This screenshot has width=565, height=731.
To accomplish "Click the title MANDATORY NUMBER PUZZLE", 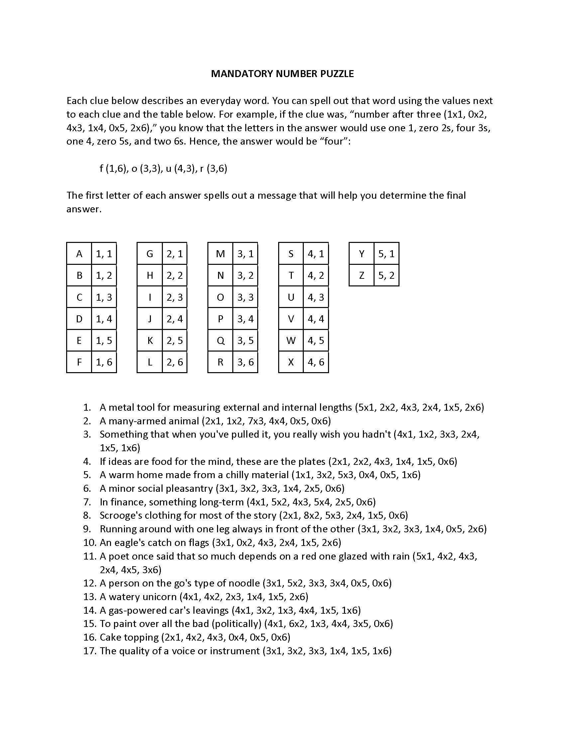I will (282, 74).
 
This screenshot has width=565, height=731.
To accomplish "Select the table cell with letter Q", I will (220, 340).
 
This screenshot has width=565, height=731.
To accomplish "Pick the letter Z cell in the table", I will (362, 275).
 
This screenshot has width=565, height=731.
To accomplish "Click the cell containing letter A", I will (79, 254).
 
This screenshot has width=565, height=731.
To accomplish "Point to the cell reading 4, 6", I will (316, 362).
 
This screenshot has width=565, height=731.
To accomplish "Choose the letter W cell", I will (291, 340).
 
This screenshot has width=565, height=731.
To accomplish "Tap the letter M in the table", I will (220, 254).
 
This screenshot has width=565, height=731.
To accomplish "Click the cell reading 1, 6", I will (104, 362).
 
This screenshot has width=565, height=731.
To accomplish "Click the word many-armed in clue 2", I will (139, 421).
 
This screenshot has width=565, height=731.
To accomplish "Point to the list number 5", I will (87, 475).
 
